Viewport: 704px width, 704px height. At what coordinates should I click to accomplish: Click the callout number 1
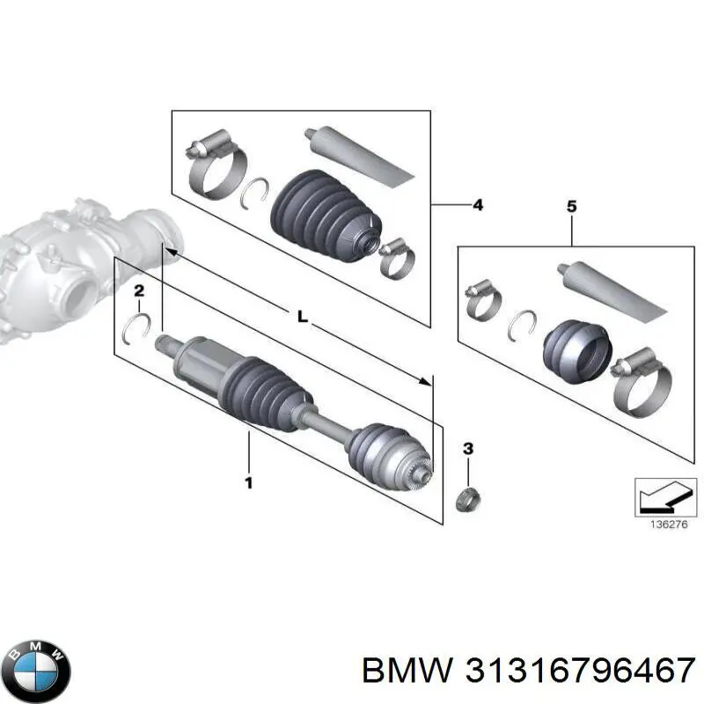tap(248, 482)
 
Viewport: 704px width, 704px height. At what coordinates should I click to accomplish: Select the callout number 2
tap(139, 290)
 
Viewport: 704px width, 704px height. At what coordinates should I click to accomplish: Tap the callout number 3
tap(468, 449)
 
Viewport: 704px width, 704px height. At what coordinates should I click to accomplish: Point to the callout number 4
tap(477, 205)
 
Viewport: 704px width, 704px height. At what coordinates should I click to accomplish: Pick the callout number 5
tap(571, 207)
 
